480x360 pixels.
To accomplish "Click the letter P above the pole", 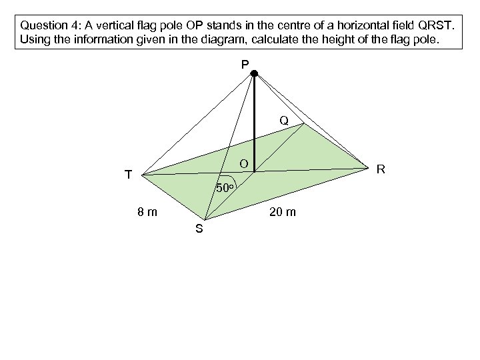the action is pyautogui.click(x=245, y=64).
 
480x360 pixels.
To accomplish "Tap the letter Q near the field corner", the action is pyautogui.click(x=284, y=121).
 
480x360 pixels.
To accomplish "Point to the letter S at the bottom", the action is pyautogui.click(x=199, y=230).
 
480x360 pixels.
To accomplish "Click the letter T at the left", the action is pyautogui.click(x=128, y=175).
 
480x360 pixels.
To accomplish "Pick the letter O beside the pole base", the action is pyautogui.click(x=244, y=163).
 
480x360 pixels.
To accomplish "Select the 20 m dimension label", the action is pyautogui.click(x=283, y=213).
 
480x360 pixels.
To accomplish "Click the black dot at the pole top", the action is pyautogui.click(x=254, y=74).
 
